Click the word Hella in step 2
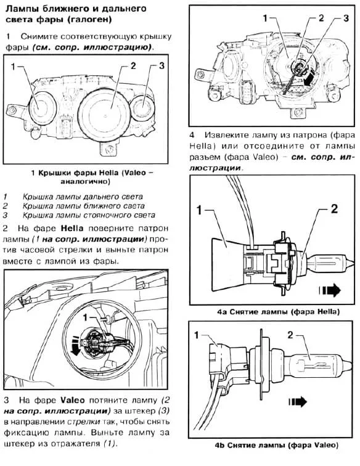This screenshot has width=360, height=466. coord(72,228)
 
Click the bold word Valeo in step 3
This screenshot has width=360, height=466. coord(73,400)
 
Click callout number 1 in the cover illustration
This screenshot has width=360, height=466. coord(13,67)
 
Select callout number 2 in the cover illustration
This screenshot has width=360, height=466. coord(133,65)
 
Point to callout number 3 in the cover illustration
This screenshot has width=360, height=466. coord(162,65)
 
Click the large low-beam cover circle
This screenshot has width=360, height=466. coord(104,113)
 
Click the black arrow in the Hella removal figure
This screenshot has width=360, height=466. coord(330,290)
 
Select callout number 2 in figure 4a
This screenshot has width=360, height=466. coord(334,209)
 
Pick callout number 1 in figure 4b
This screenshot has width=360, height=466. coord(196,335)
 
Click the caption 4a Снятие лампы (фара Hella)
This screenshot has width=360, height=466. coord(278,312)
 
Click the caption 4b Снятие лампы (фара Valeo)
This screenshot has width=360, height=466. coord(276,445)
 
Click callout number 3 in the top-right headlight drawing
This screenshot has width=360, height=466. coord(346,18)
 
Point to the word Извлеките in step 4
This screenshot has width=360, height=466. coord(226,135)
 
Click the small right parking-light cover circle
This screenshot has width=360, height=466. coord(142,108)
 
